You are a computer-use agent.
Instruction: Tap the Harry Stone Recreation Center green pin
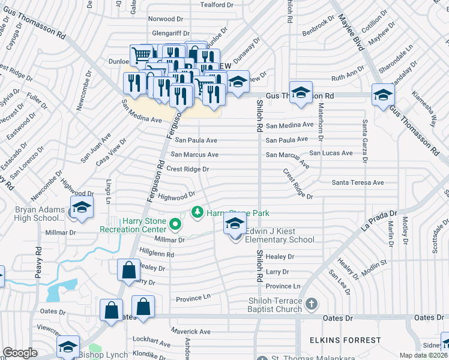[x=175, y=225]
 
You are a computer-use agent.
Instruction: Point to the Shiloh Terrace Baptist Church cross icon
[x=311, y=304]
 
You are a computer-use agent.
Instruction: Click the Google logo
[x=20, y=353]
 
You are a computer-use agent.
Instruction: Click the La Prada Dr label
[x=379, y=221]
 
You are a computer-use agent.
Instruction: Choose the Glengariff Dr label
[x=171, y=34]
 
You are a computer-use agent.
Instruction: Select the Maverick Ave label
[x=190, y=331]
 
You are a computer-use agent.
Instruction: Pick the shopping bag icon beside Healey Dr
[x=129, y=271]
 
